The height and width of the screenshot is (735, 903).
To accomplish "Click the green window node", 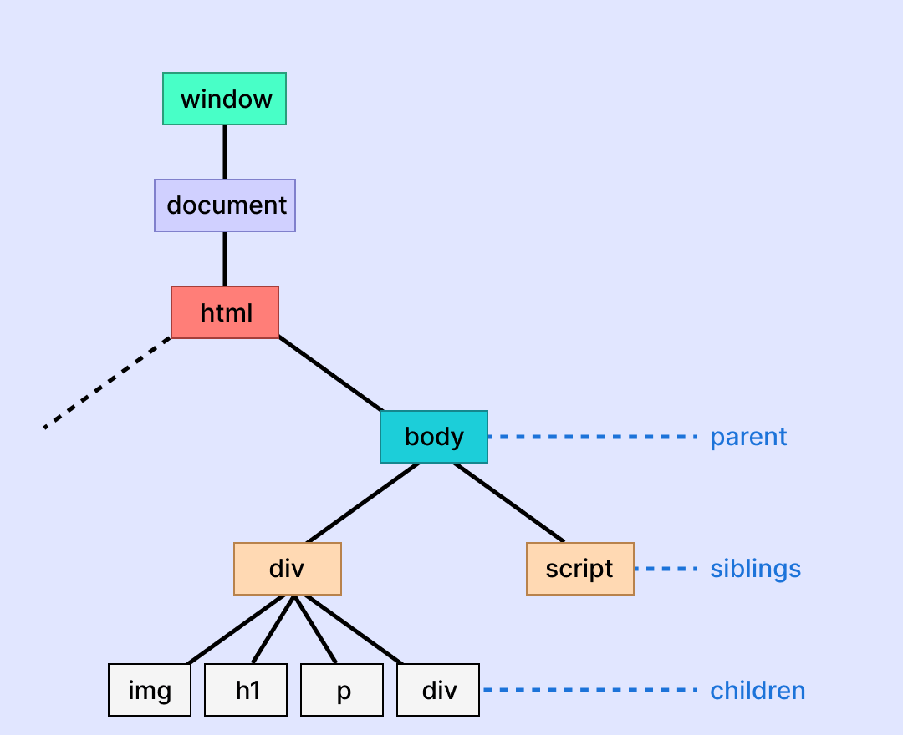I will tap(224, 99).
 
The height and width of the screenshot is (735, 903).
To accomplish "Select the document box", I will tap(225, 205).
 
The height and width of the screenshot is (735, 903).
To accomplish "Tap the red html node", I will tap(225, 312).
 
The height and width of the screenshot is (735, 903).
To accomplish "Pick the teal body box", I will tap(434, 436).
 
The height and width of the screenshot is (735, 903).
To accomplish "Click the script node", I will tap(580, 569).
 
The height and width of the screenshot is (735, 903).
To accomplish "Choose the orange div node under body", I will tap(288, 569).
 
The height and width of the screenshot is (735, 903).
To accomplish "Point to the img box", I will tap(150, 690).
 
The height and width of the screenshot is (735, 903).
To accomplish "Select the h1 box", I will tap(246, 690).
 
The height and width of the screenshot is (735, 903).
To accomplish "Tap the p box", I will tap(342, 690).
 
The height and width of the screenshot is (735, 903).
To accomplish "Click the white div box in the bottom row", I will tap(438, 690).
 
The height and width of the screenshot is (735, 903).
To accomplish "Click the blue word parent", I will tap(748, 437).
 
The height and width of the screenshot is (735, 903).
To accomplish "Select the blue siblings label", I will tap(755, 569).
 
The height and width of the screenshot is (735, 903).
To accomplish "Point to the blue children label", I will tap(758, 691).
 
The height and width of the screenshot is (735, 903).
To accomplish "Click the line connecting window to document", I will tap(225, 152).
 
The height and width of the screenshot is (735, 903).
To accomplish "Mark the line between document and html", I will tap(225, 259).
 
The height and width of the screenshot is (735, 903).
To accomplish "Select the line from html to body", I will tap(330, 373).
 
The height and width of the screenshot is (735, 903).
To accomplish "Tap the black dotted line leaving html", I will tap(107, 383).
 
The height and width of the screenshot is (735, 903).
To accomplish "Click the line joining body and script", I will tap(508, 501).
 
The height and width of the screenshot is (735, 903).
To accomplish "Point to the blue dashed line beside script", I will tap(666, 569).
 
